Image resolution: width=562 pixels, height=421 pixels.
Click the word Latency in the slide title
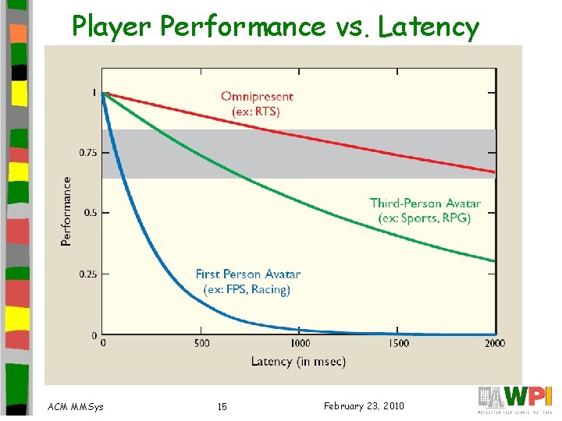(x=429, y=28)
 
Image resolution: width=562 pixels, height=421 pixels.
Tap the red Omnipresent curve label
(x=257, y=97)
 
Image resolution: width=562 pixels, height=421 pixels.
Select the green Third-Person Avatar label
(x=425, y=203)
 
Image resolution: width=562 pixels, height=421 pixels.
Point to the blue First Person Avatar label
(x=247, y=274)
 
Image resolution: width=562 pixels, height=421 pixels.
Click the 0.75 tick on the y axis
(x=88, y=153)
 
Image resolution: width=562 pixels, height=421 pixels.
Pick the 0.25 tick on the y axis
(x=88, y=274)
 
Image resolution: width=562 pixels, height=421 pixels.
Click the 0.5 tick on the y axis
(x=91, y=213)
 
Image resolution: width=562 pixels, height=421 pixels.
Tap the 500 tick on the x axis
(x=201, y=344)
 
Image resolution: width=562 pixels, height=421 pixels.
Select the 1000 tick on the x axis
(x=300, y=344)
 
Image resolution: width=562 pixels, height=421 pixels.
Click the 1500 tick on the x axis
(x=398, y=344)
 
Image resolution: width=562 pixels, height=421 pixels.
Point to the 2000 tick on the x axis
(x=494, y=344)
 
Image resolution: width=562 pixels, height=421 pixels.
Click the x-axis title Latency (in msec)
(x=298, y=362)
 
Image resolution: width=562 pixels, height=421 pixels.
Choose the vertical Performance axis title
(x=66, y=211)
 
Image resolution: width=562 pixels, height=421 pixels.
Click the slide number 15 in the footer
(x=222, y=406)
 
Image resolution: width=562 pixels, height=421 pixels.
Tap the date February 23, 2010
(x=363, y=405)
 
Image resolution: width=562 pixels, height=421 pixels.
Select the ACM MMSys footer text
(x=75, y=406)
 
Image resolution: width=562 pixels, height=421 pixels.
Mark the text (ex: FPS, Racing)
(x=247, y=289)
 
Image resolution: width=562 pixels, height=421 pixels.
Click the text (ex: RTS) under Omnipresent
(x=256, y=111)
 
